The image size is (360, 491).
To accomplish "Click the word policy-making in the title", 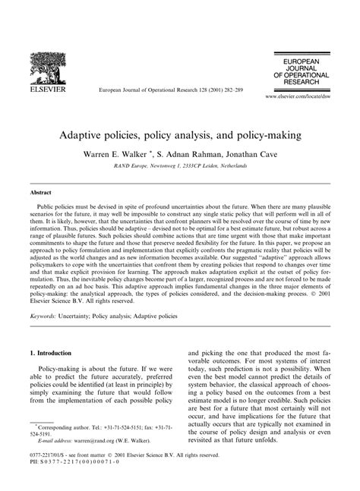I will click(250, 134).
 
